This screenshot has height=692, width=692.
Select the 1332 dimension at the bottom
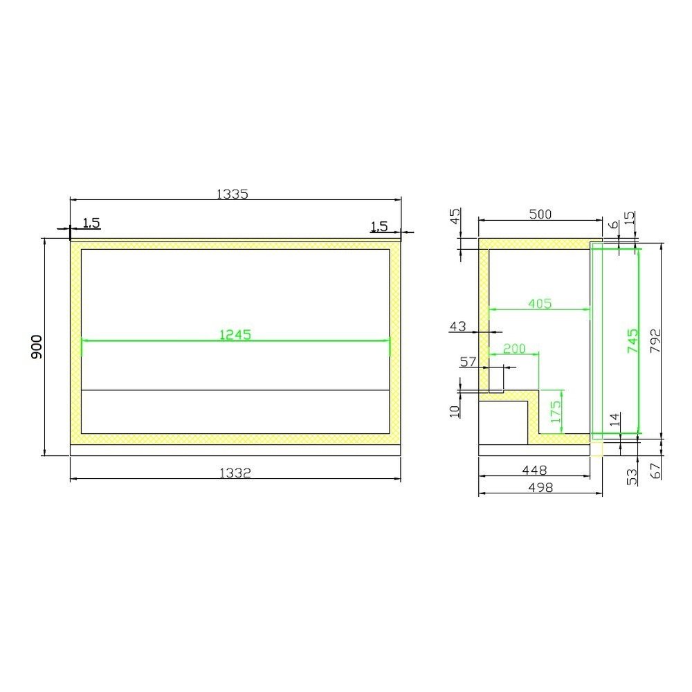(235, 473)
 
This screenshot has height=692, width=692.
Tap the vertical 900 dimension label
(37, 347)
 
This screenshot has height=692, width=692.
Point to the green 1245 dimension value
(235, 334)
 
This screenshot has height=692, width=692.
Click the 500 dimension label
(540, 215)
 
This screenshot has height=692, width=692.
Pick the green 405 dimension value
(540, 302)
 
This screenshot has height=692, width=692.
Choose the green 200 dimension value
(514, 349)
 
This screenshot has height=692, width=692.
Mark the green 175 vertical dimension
(554, 412)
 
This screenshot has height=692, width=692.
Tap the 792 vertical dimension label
(655, 341)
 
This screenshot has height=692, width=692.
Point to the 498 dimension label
(540, 487)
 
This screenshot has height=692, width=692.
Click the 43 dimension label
(458, 326)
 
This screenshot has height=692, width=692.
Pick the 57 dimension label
(468, 361)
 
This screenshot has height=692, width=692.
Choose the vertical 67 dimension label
(656, 471)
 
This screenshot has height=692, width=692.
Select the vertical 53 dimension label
(631, 476)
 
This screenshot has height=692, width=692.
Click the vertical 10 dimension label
(455, 410)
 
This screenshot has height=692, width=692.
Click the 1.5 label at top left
(91, 223)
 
